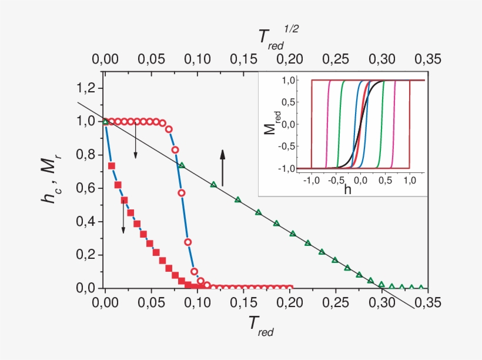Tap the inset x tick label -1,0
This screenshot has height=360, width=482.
312,179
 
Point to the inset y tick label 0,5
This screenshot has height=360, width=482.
289,102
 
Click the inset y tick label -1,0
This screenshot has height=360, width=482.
286,168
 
